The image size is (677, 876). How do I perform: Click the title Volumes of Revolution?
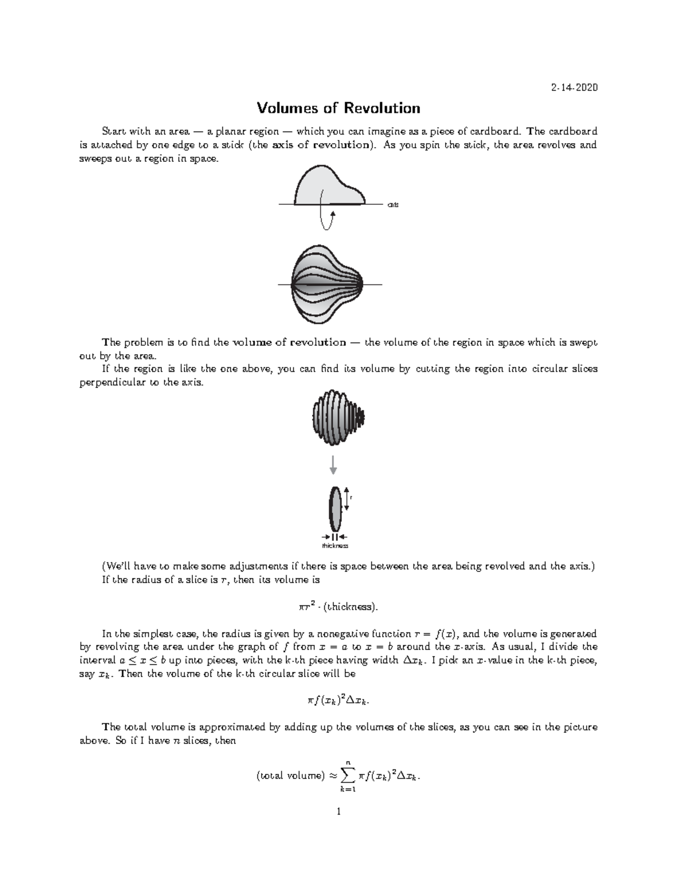pos(338,108)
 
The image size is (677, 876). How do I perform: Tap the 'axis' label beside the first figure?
pos(393,205)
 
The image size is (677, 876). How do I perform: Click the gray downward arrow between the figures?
pos(333,464)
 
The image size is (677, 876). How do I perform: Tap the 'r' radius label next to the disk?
pos(351,498)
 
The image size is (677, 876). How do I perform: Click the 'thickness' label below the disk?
pos(335,545)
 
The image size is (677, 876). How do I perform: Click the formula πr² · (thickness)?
pos(338,607)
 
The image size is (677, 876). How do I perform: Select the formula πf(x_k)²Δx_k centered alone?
pos(338,701)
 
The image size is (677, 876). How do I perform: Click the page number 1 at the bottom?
pos(338,812)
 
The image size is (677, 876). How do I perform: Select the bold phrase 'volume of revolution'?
pos(289,342)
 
